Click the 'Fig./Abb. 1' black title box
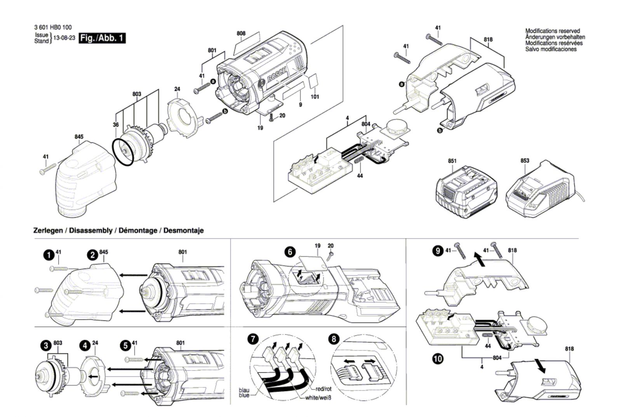point(102,38)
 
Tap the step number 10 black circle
point(438,358)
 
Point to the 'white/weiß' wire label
point(318,398)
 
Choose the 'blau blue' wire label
point(244,393)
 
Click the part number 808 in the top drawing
point(241,33)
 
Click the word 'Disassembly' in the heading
point(91,230)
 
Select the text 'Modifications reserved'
point(552,31)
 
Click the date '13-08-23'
point(64,38)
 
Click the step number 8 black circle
point(334,339)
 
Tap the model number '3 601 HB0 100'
point(53,28)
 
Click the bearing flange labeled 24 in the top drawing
point(184,117)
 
